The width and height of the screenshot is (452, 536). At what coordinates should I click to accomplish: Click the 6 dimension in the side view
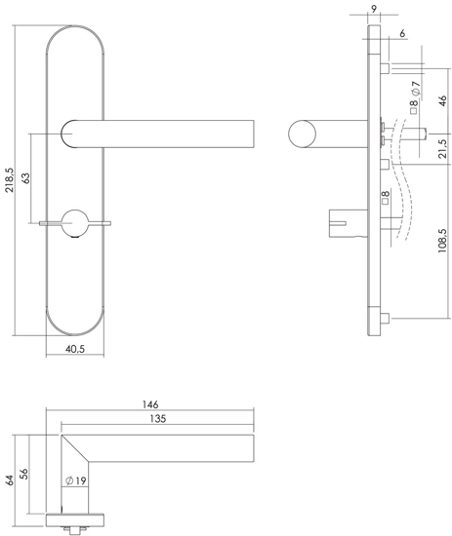[403, 35]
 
